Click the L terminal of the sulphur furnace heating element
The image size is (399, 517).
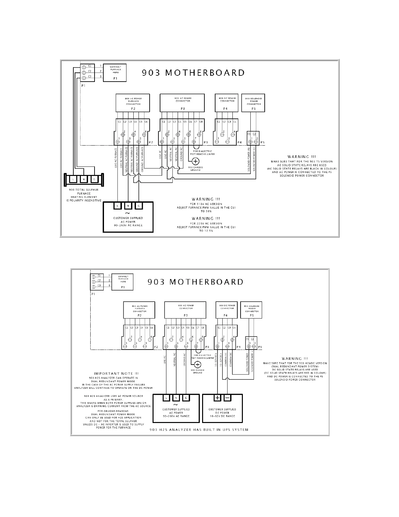[x=73, y=179]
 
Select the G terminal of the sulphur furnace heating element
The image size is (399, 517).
[x=94, y=179]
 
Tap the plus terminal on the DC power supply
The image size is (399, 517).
[x=217, y=398]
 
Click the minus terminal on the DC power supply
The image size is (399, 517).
[x=228, y=398]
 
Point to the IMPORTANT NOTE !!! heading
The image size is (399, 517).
[x=116, y=373]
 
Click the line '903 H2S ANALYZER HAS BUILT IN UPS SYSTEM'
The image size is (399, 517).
[x=199, y=430]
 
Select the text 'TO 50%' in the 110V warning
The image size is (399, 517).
[x=206, y=211]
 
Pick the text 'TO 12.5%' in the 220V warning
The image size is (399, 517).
[x=206, y=231]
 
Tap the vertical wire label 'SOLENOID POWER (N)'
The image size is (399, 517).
[x=249, y=160]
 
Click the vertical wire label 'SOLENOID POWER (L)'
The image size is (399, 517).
[x=254, y=160]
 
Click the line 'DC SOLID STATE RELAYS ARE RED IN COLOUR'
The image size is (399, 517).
[x=295, y=373]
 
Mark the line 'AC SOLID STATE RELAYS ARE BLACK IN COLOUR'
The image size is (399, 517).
[x=302, y=168]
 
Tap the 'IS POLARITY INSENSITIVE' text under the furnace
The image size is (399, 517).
[x=84, y=200]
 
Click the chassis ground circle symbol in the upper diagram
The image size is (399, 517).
[x=196, y=161]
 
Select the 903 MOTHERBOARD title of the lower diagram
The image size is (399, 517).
[x=196, y=282]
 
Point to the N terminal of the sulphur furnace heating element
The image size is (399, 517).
[x=84, y=179]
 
